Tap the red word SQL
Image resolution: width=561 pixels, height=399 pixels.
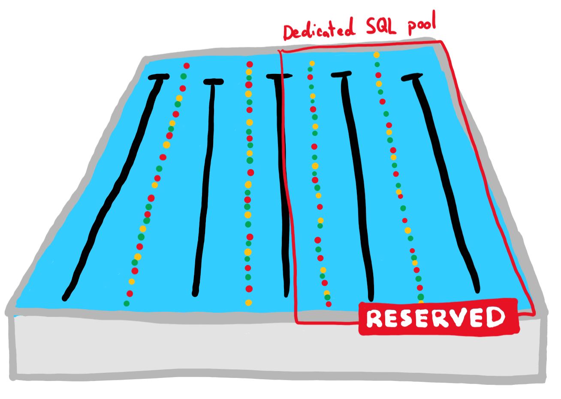(x=381, y=26)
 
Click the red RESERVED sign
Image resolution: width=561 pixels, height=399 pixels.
(x=439, y=317)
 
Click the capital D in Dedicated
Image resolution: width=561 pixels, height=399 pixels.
(x=290, y=33)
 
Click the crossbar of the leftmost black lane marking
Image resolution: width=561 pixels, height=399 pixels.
(x=159, y=76)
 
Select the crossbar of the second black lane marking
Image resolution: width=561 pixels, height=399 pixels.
(x=214, y=82)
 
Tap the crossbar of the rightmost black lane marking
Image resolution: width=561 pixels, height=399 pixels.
(x=412, y=77)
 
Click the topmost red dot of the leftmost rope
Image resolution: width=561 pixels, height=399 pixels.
(x=187, y=66)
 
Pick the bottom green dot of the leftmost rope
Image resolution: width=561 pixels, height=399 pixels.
(x=127, y=304)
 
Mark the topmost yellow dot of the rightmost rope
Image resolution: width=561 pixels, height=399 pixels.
(x=377, y=55)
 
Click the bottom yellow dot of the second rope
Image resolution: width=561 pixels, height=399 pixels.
(x=248, y=303)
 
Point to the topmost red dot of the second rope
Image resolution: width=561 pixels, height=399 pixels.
(x=250, y=64)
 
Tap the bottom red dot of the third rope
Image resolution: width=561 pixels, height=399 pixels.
(x=329, y=304)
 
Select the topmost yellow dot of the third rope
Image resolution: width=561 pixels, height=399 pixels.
(x=312, y=63)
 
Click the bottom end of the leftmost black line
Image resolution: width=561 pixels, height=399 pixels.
(x=65, y=298)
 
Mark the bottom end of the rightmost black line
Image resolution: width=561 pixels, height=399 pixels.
(x=477, y=290)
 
